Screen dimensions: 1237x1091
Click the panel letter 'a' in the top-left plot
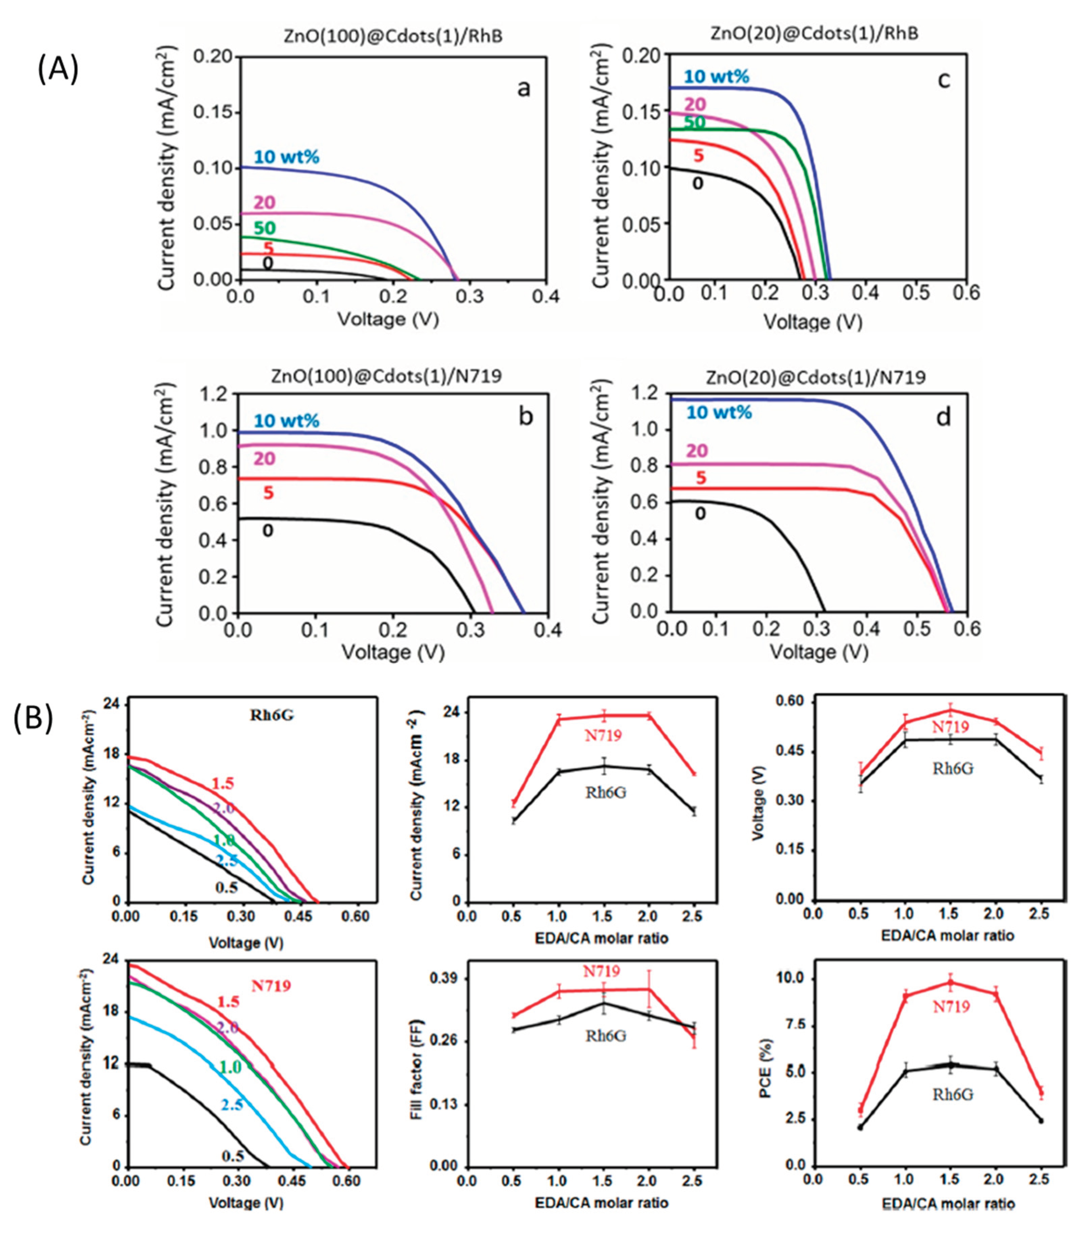point(524,89)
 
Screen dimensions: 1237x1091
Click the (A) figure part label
point(57,70)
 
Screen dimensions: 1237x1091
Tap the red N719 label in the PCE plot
point(951,1024)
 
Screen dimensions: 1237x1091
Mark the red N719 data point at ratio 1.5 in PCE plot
point(951,983)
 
